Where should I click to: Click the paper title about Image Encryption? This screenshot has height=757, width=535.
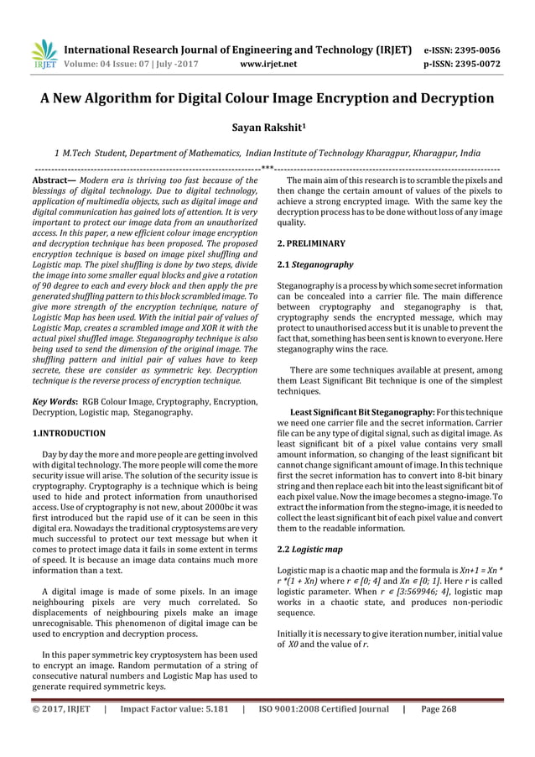(x=267, y=98)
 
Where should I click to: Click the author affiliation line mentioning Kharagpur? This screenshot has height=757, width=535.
(x=267, y=154)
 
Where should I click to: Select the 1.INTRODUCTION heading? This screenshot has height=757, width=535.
(x=68, y=434)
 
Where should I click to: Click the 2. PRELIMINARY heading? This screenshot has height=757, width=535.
(x=310, y=243)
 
